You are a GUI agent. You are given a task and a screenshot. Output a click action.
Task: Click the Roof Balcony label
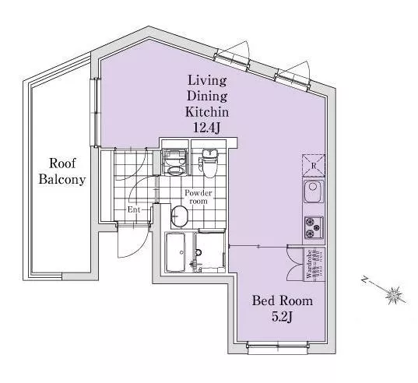(x=62, y=171)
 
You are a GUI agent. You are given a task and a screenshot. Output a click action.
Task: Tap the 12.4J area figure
(x=206, y=128)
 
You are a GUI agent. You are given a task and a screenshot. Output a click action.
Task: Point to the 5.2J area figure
(x=283, y=317)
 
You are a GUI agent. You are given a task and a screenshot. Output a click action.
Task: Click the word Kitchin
(x=207, y=112)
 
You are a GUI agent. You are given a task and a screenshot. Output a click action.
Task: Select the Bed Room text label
(x=283, y=300)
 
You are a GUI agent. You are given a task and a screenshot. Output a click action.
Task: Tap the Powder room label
(x=198, y=197)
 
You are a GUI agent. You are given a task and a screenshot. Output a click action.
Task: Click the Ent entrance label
(x=134, y=209)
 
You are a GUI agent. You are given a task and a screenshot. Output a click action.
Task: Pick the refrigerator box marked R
(x=314, y=166)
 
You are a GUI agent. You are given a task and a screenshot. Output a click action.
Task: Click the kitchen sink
(x=314, y=191)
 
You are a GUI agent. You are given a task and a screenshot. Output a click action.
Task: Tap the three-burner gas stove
(x=314, y=227)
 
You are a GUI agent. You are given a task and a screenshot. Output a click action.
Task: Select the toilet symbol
(x=209, y=163)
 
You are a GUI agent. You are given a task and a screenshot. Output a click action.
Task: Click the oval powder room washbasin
(x=179, y=216)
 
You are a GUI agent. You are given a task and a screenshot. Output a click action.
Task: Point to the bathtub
(x=175, y=252)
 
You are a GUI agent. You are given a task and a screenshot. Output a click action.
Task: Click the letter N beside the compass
(x=364, y=280)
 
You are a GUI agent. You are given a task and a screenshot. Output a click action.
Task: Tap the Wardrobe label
(x=309, y=264)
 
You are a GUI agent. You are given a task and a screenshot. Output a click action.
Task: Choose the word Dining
(x=207, y=96)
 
